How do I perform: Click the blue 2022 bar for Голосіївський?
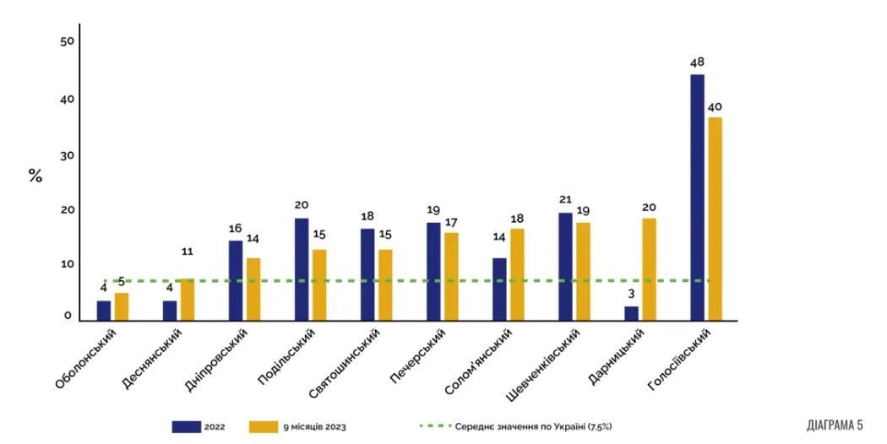[x=697, y=198]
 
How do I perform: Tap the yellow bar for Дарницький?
[x=649, y=269]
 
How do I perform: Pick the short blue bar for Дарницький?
[x=631, y=313]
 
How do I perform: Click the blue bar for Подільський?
[x=302, y=269]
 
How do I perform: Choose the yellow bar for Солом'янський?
[x=517, y=274]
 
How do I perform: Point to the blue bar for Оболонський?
[x=104, y=311]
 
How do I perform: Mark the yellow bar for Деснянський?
[x=188, y=300]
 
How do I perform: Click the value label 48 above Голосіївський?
[x=697, y=62]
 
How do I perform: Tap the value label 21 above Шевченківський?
[x=565, y=200]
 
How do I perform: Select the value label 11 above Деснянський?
[x=188, y=252]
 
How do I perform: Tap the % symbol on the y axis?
[x=35, y=176]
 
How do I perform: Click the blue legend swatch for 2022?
[x=186, y=427]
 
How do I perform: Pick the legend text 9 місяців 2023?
[x=314, y=427]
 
